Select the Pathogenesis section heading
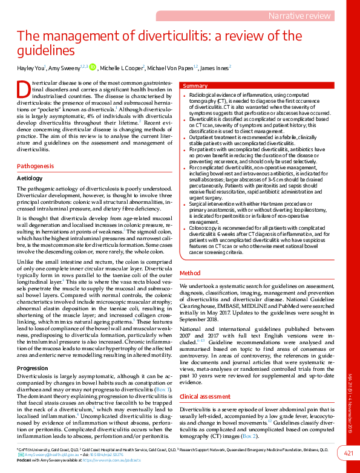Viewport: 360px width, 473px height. [35, 165]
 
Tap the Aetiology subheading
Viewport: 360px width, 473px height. [30, 178]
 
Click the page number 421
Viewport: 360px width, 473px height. [349, 454]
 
